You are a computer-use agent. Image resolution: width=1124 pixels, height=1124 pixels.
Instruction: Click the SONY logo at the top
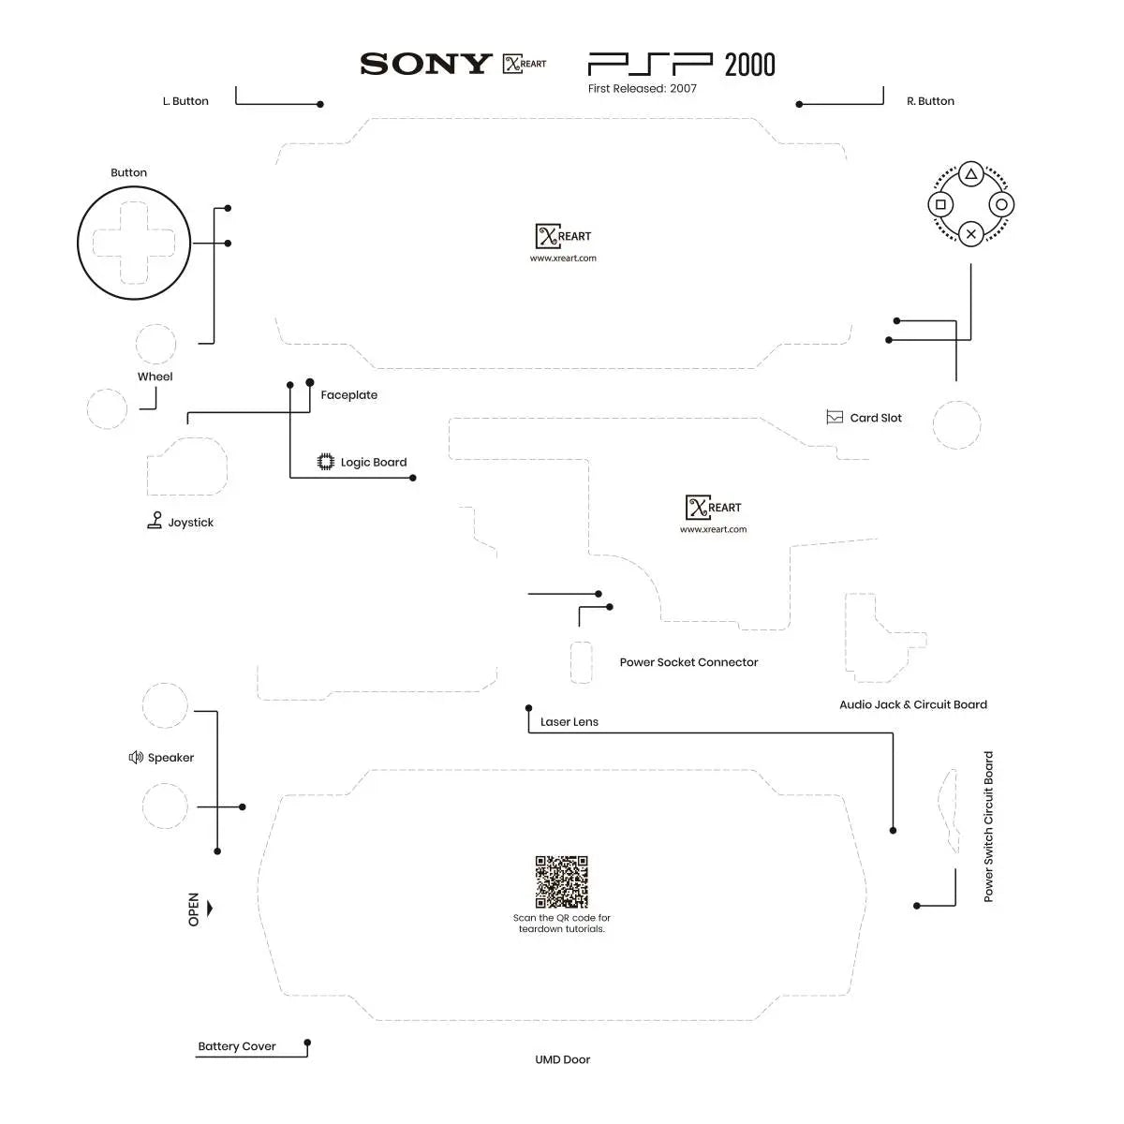point(425,64)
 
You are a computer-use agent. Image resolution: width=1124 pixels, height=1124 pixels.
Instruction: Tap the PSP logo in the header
point(650,64)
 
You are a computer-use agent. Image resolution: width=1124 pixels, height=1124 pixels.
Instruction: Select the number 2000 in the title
point(750,65)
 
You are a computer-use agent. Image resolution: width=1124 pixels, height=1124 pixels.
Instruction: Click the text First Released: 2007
point(643,89)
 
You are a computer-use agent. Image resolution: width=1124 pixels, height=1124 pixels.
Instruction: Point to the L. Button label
point(185,101)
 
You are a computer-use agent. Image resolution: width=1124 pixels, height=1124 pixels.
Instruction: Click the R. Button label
point(930,101)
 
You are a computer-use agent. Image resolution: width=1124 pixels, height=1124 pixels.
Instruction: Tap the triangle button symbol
point(971,174)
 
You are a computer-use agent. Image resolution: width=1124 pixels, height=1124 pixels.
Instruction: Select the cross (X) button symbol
point(971,234)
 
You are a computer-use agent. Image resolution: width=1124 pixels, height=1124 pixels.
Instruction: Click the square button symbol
point(941,204)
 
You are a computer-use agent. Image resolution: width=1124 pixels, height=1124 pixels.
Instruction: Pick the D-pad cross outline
point(134,243)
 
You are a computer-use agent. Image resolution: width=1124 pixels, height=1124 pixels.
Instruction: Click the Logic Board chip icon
point(326,462)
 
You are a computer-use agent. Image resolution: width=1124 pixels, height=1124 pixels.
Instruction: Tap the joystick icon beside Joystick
point(155,521)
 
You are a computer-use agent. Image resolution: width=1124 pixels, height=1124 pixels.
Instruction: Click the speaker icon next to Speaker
point(136,757)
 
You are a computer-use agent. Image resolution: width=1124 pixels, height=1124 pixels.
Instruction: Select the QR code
point(561,881)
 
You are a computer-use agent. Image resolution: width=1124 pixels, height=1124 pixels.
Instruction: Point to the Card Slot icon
point(835,418)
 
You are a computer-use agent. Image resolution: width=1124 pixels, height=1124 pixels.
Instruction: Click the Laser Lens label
point(569,722)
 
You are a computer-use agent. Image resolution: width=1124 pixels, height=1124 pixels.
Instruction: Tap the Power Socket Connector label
point(688,662)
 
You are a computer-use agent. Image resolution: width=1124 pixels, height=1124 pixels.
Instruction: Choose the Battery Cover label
point(237,1046)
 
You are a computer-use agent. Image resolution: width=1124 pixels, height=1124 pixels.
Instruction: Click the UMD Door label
point(562,1059)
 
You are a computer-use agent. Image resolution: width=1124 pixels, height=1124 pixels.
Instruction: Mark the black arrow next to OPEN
point(210,909)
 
